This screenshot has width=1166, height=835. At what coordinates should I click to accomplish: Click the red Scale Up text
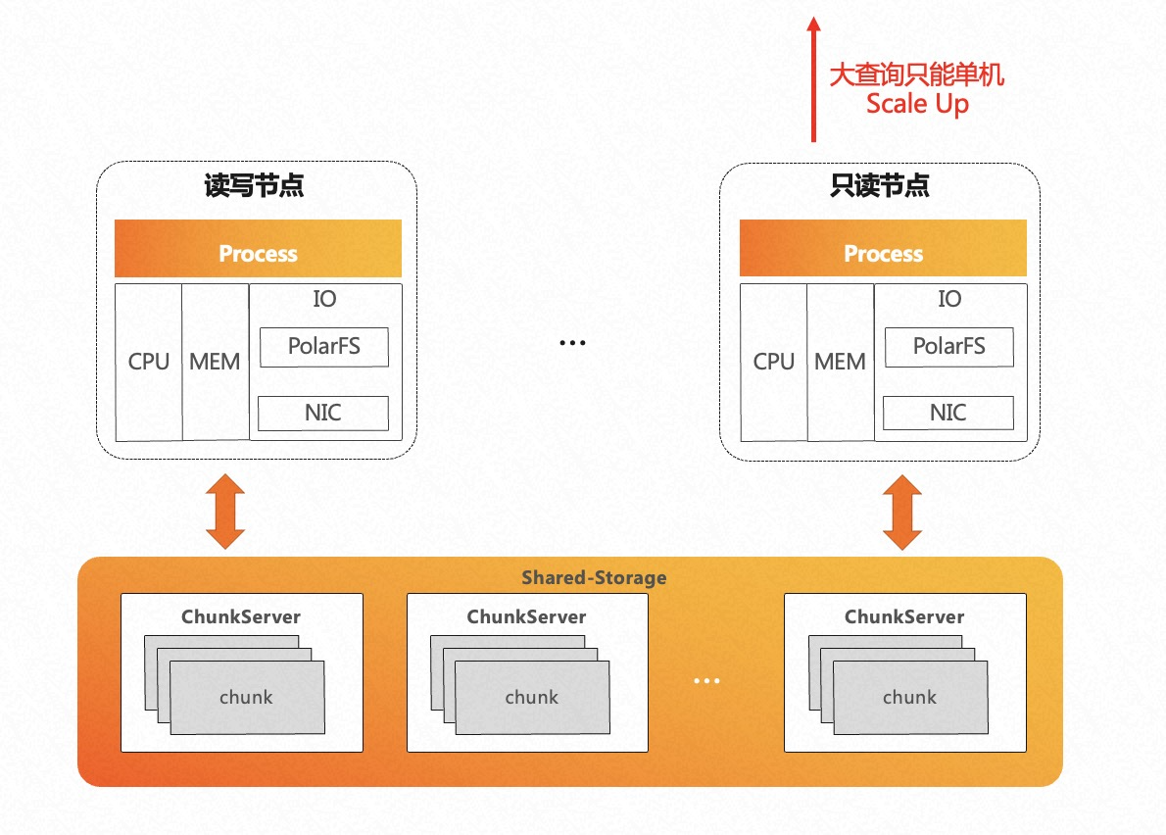(917, 104)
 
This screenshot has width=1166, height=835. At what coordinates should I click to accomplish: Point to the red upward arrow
(812, 78)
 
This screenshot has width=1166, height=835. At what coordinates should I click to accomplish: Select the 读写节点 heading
(254, 186)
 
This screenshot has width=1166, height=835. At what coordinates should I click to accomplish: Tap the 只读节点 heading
(879, 186)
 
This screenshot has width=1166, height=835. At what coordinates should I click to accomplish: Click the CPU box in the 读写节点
(149, 362)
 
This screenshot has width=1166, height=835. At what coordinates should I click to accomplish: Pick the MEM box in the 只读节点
(840, 362)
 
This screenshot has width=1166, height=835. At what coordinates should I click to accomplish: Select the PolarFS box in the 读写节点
(323, 347)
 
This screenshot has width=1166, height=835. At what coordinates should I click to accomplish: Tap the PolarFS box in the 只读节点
(948, 347)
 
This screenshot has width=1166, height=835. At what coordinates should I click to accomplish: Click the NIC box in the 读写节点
(323, 413)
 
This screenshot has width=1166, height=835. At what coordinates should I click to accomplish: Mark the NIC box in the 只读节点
(947, 413)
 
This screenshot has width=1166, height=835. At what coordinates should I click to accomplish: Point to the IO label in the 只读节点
(949, 299)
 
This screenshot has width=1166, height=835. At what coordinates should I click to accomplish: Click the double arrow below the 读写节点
(225, 512)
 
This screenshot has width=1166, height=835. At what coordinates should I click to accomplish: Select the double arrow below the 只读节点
(902, 512)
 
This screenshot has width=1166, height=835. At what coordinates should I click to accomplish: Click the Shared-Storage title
(594, 577)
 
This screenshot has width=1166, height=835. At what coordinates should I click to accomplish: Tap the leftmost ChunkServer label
(241, 617)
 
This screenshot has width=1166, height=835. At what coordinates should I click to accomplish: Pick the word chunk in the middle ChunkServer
(531, 698)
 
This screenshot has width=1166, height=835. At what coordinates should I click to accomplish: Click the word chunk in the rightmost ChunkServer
(909, 698)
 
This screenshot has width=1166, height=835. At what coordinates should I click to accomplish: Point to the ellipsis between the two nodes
(572, 343)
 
